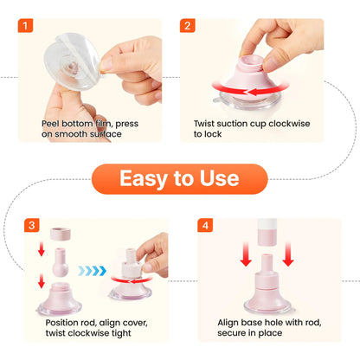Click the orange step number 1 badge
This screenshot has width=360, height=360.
[25, 26]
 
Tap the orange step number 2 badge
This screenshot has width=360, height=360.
[188, 26]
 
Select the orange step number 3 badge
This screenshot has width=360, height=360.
[32, 225]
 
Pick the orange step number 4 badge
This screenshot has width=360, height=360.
[205, 225]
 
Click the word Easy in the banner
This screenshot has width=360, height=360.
[144, 179]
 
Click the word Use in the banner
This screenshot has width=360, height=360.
[219, 178]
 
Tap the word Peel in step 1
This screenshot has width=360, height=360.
[50, 124]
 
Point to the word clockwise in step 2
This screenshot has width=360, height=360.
[289, 124]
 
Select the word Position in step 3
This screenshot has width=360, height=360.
[62, 322]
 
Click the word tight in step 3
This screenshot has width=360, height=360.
[121, 333]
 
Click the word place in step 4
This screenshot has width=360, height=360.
[270, 333]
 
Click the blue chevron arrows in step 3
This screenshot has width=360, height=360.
[93, 271]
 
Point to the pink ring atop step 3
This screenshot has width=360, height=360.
[61, 234]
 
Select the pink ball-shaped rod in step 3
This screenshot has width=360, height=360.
[61, 262]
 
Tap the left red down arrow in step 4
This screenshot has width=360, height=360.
[246, 254]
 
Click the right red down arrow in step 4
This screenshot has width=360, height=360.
[288, 254]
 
